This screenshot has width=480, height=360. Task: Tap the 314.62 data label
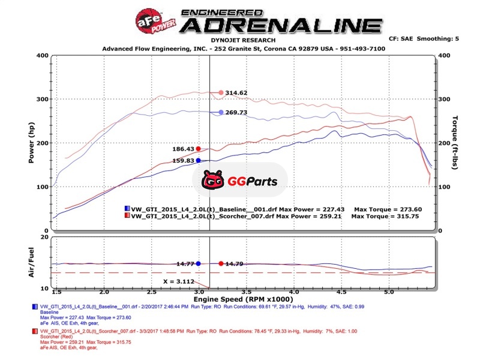(x=237, y=93)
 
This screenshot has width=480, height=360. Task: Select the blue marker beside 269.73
(x=221, y=112)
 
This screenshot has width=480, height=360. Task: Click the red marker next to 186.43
(x=198, y=149)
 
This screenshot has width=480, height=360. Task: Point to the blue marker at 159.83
(x=198, y=160)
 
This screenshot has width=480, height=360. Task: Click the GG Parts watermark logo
(x=239, y=179)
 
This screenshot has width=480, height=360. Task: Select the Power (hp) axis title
(x=32, y=143)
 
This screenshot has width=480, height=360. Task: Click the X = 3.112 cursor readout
(x=180, y=281)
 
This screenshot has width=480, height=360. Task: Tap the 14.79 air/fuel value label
(x=235, y=263)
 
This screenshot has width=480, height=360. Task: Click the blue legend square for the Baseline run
(x=127, y=208)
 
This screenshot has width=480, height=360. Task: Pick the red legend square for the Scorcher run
(x=127, y=216)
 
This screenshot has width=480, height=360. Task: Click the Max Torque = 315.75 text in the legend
(x=385, y=216)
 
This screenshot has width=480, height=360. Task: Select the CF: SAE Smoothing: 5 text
(x=424, y=38)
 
